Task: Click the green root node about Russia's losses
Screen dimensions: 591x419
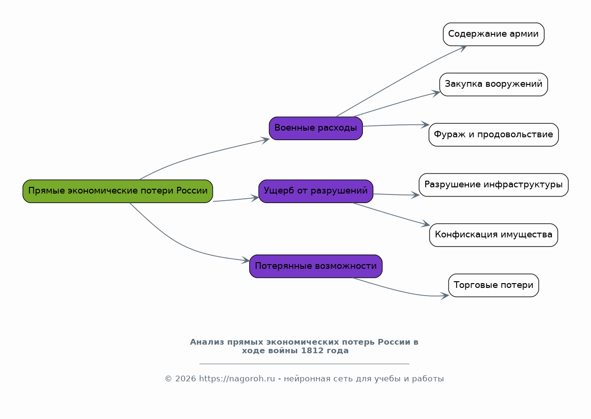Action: coord(118,192)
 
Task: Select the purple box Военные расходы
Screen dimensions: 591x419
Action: coord(316,128)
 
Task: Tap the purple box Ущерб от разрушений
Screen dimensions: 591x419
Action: coord(316,192)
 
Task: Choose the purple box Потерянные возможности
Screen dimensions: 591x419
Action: coord(316,266)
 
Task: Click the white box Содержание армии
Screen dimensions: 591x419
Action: coord(494,34)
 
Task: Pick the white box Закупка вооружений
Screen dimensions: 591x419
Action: coord(494,84)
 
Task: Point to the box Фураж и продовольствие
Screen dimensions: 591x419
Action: coord(494,134)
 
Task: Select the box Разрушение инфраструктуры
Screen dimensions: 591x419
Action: coord(494,185)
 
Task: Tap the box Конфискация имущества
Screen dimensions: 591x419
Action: coord(494,235)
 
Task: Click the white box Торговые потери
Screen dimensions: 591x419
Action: coord(494,286)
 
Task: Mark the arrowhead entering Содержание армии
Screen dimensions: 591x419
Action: coord(463,49)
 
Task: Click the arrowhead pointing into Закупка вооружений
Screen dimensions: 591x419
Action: coord(436,93)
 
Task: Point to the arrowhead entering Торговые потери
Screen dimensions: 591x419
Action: coord(445,296)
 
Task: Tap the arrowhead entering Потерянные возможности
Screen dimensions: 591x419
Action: coord(246,260)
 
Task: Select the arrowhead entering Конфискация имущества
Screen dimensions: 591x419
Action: coord(426,224)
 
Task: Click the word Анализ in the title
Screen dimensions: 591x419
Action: coord(207,342)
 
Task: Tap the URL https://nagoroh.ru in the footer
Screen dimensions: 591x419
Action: coord(237,379)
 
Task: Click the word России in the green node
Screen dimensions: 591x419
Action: coord(192,191)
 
